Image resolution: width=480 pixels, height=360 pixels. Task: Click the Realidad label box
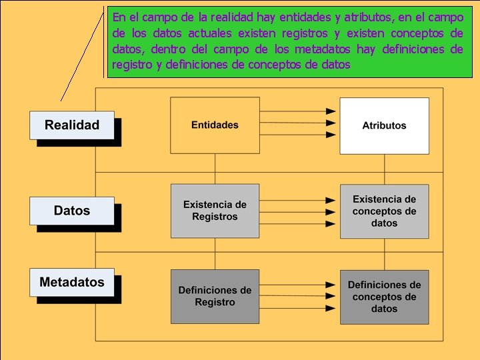72,125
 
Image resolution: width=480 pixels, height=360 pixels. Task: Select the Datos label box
72,211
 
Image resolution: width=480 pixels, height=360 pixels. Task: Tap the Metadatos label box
72,282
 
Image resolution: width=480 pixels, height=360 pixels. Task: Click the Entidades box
215,125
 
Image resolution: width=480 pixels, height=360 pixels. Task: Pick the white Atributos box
384,125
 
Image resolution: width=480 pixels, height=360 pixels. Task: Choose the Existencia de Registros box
215,211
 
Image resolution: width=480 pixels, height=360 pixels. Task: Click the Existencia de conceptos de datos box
384,211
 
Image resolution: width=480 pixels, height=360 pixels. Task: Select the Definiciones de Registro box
215,296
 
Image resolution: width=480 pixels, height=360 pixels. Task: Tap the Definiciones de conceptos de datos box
384,296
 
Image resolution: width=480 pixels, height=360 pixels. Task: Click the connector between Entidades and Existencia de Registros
215,169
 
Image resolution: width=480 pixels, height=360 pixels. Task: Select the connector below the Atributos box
384,169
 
